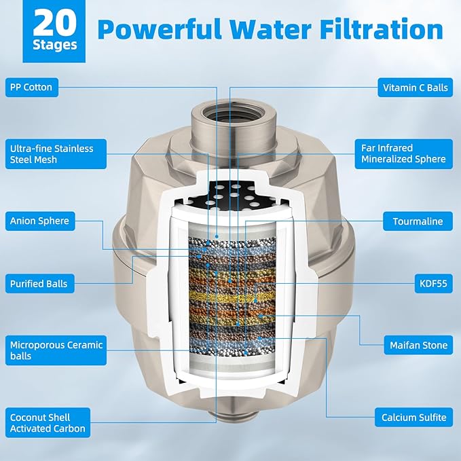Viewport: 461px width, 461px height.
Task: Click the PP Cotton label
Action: (x=32, y=88)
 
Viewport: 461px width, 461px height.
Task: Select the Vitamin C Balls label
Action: (x=415, y=88)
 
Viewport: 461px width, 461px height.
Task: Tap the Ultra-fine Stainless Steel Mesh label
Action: (x=56, y=154)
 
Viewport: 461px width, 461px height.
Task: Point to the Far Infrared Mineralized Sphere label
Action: (x=404, y=153)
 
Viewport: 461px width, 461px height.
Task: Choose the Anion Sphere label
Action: (x=40, y=221)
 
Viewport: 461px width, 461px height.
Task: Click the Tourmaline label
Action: (x=418, y=221)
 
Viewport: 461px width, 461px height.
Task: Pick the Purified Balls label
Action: (x=39, y=283)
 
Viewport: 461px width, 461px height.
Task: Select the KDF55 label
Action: (x=433, y=283)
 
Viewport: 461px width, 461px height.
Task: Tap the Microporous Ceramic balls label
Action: (x=56, y=350)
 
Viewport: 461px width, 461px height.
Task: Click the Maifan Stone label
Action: (x=418, y=345)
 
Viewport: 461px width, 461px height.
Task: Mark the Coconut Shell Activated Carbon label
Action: (x=48, y=422)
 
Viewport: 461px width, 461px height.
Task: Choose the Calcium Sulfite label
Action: (x=413, y=417)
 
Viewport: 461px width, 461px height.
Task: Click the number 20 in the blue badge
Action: (x=55, y=24)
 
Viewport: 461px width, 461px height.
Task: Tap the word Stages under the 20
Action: (x=55, y=45)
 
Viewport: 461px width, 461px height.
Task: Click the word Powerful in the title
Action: (x=160, y=29)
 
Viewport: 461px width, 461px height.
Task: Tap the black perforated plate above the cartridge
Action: (x=232, y=195)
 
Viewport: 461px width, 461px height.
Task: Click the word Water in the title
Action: (x=270, y=29)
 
